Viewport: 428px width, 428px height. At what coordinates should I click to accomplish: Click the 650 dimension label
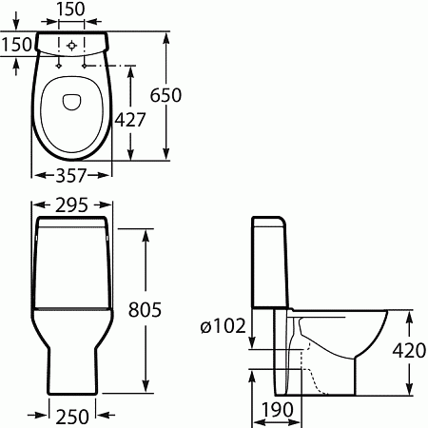165,95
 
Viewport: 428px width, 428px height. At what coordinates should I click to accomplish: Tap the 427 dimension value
130,120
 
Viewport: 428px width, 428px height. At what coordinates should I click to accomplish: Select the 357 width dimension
71,175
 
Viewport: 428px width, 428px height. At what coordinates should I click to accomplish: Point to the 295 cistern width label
71,205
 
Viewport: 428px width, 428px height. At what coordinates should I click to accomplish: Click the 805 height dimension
145,309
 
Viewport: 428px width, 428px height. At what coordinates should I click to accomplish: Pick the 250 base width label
72,416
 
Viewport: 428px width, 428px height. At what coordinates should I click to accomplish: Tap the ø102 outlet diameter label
224,325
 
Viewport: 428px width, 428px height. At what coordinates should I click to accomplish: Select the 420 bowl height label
409,351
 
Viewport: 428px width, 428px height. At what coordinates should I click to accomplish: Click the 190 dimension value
278,409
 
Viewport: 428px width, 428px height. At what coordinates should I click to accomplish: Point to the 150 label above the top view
70,9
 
